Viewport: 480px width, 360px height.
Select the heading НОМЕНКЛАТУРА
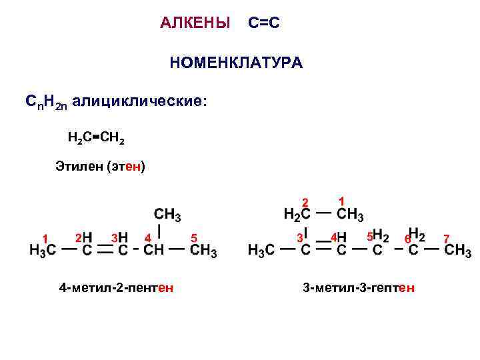pos(236,63)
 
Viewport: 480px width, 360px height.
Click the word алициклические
pos(140,102)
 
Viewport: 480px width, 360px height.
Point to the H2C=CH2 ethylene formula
pos(95,138)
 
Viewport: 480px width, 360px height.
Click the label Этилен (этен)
pos(100,167)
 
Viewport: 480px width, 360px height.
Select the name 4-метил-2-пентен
pos(117,288)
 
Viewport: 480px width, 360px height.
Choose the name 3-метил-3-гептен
pos(359,288)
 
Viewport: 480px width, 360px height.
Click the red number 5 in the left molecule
pos(193,237)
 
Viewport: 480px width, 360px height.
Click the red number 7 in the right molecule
pos(447,238)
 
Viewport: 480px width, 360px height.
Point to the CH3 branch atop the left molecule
pos(167,215)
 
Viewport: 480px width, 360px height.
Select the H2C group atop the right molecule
pos(297,215)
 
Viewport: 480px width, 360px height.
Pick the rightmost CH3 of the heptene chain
pos(458,251)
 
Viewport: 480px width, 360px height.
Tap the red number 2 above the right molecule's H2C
pos(305,202)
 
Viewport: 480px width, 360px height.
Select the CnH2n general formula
pos(45,102)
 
